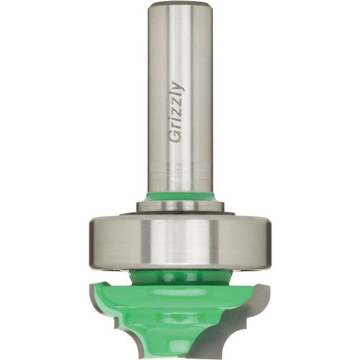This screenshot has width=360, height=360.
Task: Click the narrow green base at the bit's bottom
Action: [179, 346]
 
